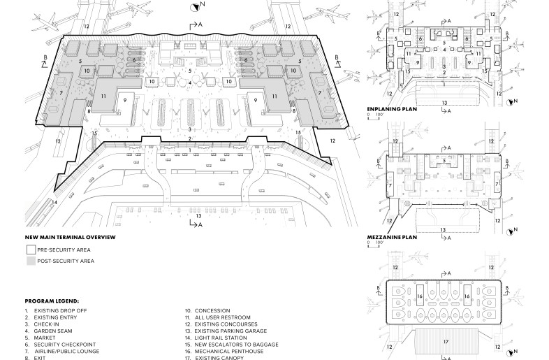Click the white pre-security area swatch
click(31, 250)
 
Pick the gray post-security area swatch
click(31, 261)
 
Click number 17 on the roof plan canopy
click(444, 343)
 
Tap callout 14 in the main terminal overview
click(54, 203)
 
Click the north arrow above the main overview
click(193, 6)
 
